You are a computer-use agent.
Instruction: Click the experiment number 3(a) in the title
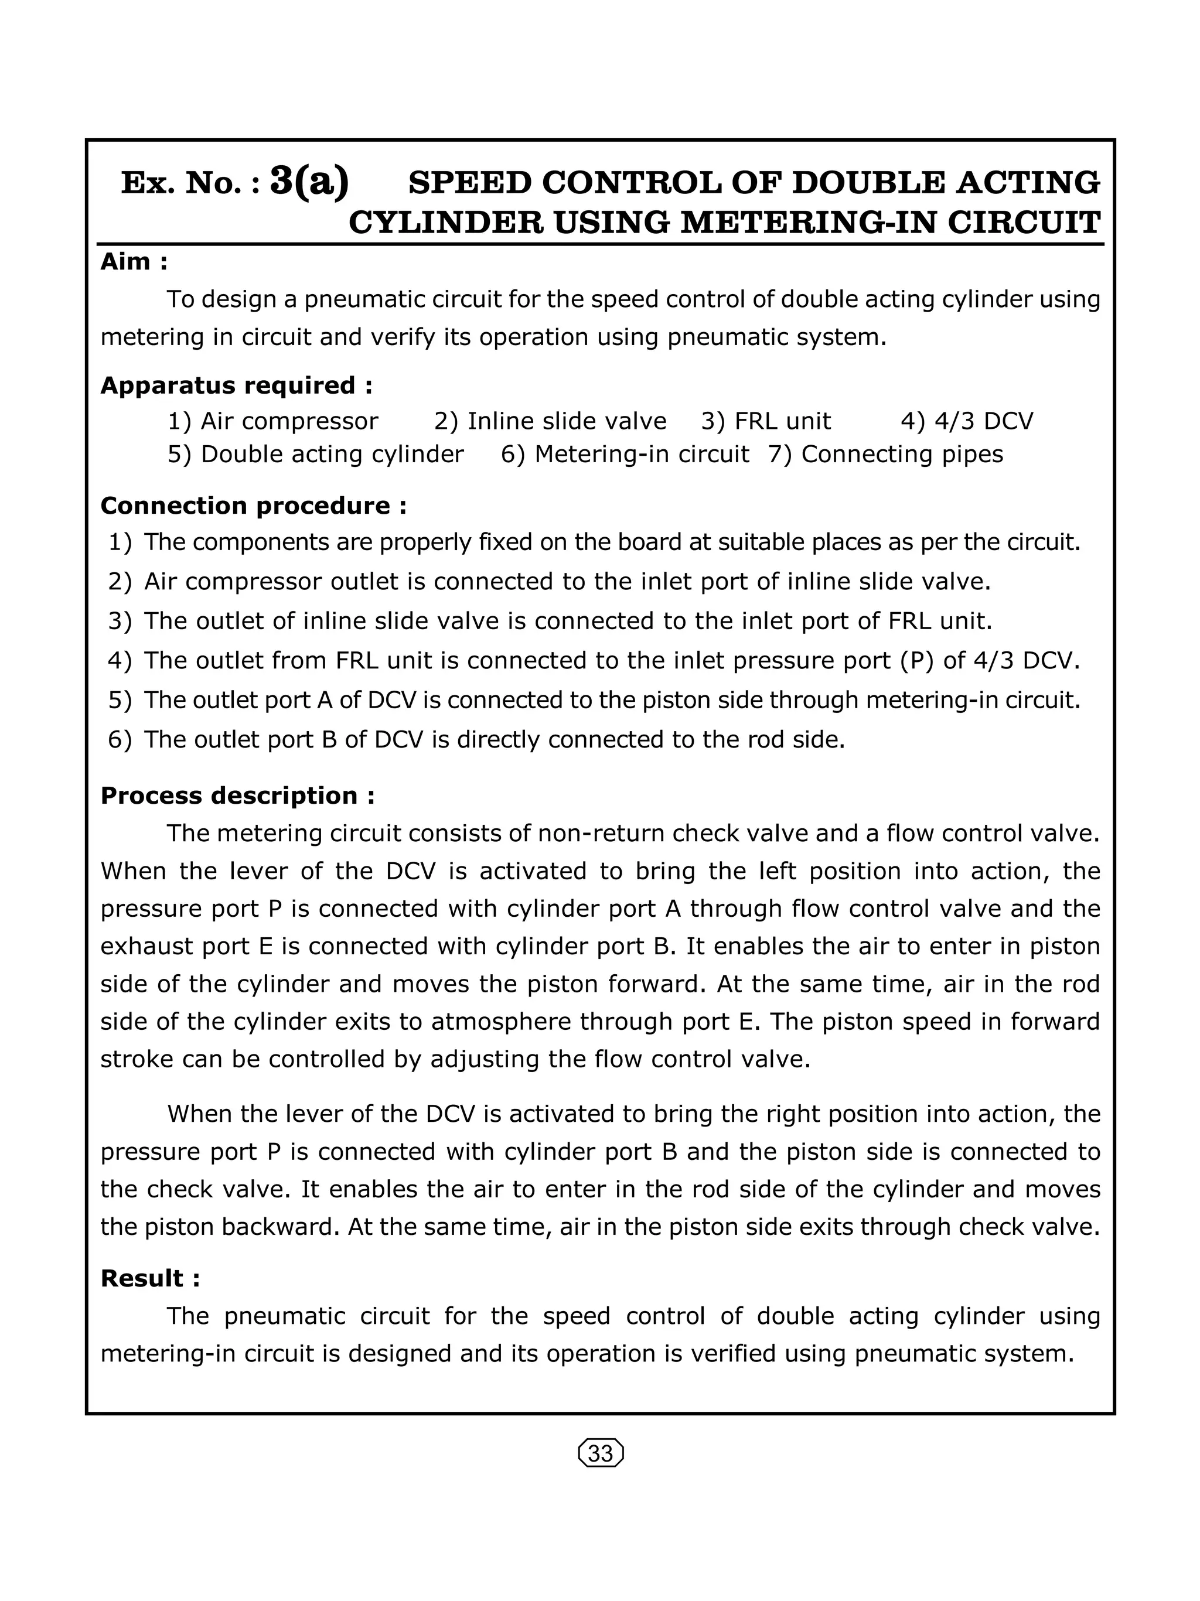[309, 181]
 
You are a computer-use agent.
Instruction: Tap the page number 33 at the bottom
[601, 1453]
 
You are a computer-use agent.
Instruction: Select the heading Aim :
[134, 261]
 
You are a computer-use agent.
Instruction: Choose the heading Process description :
[237, 796]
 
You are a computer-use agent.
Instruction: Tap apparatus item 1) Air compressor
[273, 421]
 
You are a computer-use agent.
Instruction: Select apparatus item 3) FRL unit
[766, 421]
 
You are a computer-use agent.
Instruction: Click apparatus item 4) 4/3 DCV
[967, 421]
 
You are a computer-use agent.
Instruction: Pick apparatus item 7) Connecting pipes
[886, 454]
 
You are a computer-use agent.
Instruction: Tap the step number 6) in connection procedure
[120, 740]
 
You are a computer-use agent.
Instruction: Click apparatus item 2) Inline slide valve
[550, 421]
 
